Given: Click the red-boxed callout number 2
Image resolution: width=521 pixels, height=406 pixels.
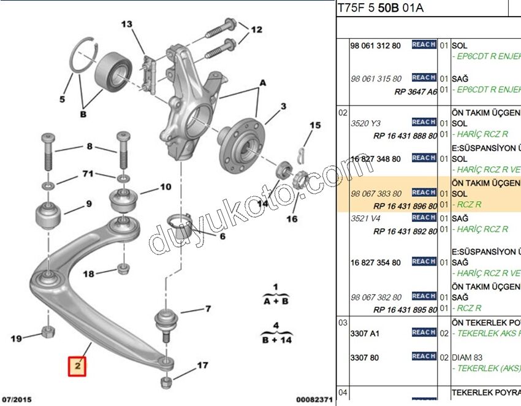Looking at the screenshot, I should (x=78, y=366).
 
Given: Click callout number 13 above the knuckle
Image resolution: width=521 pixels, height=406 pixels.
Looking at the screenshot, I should (x=126, y=25).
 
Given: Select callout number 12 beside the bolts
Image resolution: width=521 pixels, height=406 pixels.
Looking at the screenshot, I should (x=256, y=29).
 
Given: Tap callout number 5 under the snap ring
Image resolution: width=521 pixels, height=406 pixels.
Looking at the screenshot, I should (x=62, y=98).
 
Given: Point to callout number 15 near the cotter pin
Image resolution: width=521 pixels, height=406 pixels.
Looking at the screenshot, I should (x=314, y=126).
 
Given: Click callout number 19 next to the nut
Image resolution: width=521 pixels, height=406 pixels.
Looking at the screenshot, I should (x=17, y=338).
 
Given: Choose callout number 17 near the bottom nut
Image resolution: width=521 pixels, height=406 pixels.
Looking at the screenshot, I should (x=202, y=366).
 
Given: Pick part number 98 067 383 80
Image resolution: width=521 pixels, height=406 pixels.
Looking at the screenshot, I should (x=376, y=193).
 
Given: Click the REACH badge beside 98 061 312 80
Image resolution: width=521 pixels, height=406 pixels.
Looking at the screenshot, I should (x=424, y=45).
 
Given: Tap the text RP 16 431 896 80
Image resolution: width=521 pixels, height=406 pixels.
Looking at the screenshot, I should (x=405, y=206).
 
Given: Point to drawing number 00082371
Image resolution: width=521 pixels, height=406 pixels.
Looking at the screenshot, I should (x=314, y=399).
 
